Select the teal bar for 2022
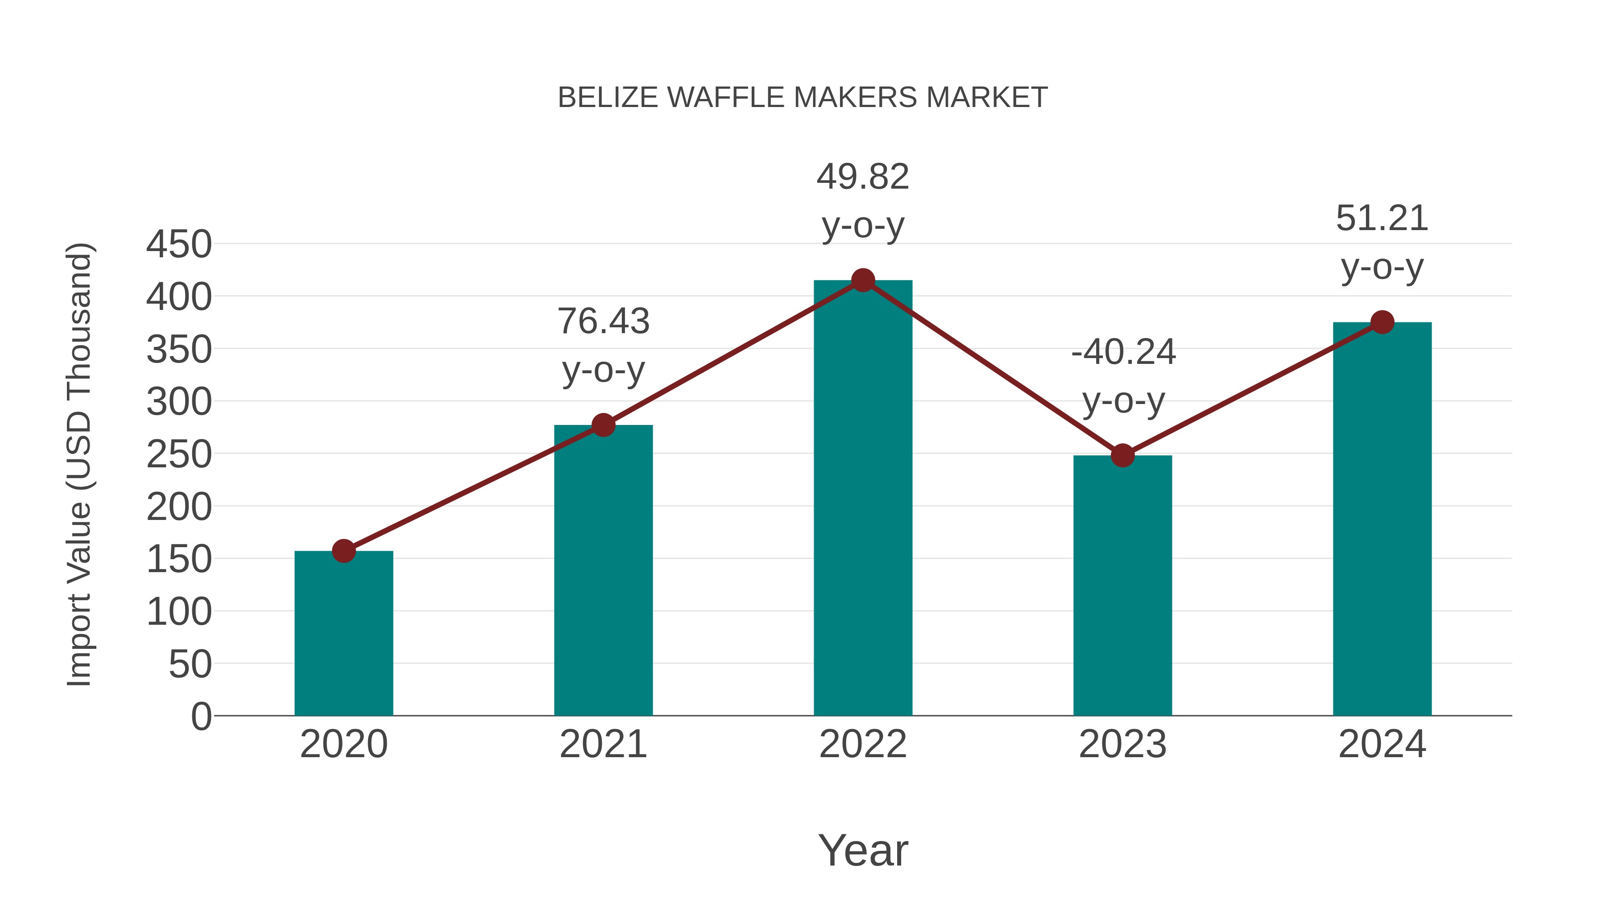click(x=863, y=499)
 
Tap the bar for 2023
click(x=1122, y=586)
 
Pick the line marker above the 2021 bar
click(x=603, y=425)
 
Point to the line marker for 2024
click(x=1382, y=322)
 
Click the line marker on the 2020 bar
click(x=344, y=551)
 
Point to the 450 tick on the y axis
click(x=179, y=244)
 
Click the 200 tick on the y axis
click(x=179, y=507)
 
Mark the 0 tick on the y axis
click(x=201, y=717)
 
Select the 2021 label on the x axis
click(x=603, y=744)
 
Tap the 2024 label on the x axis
click(x=1382, y=744)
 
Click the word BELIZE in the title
click(x=608, y=98)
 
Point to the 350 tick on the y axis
click(x=179, y=350)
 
